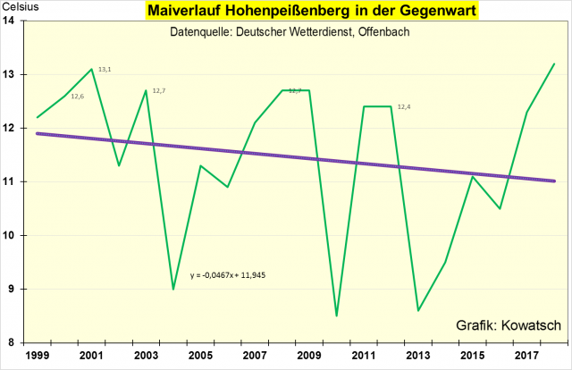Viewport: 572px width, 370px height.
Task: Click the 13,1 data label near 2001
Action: pos(105,69)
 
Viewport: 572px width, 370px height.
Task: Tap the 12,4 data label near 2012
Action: pos(404,107)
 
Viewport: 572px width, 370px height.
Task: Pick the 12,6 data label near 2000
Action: pos(78,97)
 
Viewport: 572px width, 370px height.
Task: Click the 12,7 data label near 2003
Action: pos(159,90)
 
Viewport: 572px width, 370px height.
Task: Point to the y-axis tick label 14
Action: pos(19,21)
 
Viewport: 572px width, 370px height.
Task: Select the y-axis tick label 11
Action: pos(19,181)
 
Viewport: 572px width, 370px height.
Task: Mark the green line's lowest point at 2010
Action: pos(337,315)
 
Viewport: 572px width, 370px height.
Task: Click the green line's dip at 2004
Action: pos(173,289)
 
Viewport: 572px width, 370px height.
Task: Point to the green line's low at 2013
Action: pos(418,310)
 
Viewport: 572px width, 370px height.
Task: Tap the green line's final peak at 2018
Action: pos(554,64)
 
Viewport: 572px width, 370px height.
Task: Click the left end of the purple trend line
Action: pos(38,133)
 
